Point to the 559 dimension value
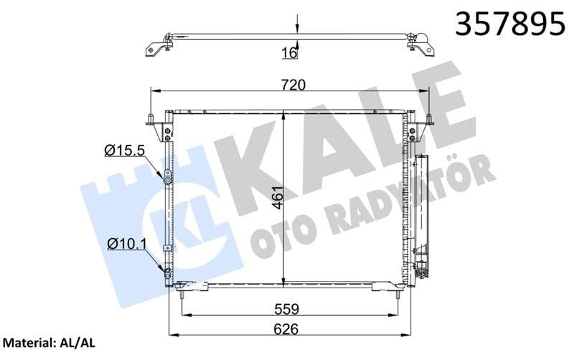tap(287, 309)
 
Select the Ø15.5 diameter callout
tap(125, 150)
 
